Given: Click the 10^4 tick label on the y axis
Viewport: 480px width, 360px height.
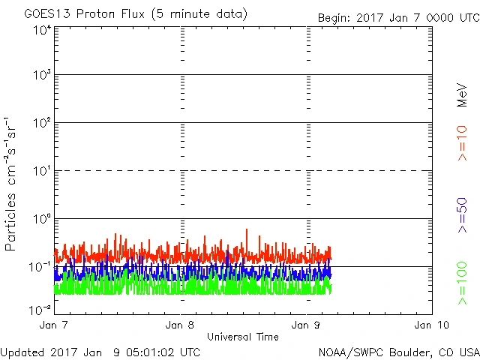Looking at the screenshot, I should pos(41,30).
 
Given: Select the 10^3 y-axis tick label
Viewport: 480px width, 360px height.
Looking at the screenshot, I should pos(41,75).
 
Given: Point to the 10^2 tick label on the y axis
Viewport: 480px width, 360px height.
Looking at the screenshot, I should pos(41,122).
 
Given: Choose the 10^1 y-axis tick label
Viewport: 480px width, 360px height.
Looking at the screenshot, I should pos(41,170).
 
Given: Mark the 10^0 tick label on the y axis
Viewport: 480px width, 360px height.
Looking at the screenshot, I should pos(41,218).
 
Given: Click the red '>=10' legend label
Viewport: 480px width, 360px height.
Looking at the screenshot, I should pos(462,142).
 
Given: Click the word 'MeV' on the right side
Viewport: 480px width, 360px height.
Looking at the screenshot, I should pos(462,96).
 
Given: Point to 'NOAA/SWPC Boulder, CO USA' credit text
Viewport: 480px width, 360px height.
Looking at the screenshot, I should pos(398,352).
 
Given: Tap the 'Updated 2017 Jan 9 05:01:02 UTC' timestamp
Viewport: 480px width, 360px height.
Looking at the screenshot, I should pos(100,352).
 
